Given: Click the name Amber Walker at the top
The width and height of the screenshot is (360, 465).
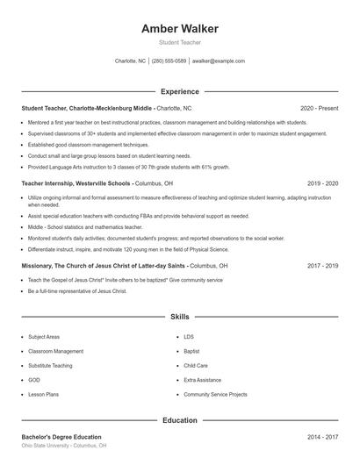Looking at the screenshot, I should (x=180, y=29).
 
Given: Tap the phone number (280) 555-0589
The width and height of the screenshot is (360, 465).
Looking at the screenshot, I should (x=169, y=61).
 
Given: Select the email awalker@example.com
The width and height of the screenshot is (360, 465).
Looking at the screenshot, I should (x=219, y=61).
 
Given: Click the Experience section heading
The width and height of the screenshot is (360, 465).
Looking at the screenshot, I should (x=180, y=91).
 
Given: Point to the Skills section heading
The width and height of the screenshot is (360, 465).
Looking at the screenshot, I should (x=180, y=316).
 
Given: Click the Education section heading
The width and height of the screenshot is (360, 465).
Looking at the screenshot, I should (x=180, y=420).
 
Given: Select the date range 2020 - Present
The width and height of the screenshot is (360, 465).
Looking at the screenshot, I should (x=319, y=108).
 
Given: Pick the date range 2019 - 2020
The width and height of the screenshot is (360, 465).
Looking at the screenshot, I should (x=322, y=183).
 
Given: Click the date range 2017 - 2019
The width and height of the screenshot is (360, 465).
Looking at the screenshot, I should (x=322, y=265).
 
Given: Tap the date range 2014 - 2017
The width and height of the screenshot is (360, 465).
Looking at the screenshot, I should (x=322, y=437).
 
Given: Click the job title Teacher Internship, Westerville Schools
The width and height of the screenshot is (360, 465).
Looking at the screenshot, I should (x=76, y=183).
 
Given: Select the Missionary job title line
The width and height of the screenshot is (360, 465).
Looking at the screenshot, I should (x=104, y=265).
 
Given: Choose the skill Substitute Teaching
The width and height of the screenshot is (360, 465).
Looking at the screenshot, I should (x=50, y=365).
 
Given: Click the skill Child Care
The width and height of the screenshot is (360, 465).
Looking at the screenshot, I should (x=196, y=365).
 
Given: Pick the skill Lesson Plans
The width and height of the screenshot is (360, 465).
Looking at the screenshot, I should (x=43, y=395).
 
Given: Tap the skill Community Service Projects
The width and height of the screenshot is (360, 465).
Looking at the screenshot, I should (x=216, y=395).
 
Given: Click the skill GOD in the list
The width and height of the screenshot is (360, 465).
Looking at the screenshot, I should (x=34, y=380).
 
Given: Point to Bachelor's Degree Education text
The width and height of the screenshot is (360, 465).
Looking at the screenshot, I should (x=61, y=437).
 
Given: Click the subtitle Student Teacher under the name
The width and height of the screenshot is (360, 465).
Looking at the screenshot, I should (x=180, y=42).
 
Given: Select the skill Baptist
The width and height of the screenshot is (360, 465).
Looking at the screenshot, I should (x=191, y=351).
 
